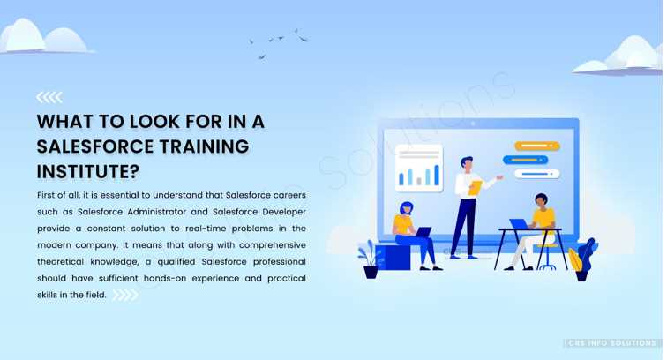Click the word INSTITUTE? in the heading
88,172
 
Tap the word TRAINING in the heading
204,146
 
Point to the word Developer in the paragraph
284,212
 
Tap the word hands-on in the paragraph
164,278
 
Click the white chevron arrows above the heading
49,97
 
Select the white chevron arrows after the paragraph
125,295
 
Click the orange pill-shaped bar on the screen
537,146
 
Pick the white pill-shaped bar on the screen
537,174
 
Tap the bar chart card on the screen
419,168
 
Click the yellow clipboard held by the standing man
476,187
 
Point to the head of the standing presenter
467,164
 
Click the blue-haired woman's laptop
423,232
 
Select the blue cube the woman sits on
393,257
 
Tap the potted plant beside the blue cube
369,259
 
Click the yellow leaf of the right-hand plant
575,259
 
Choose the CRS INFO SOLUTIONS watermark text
612,343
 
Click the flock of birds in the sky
279,43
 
